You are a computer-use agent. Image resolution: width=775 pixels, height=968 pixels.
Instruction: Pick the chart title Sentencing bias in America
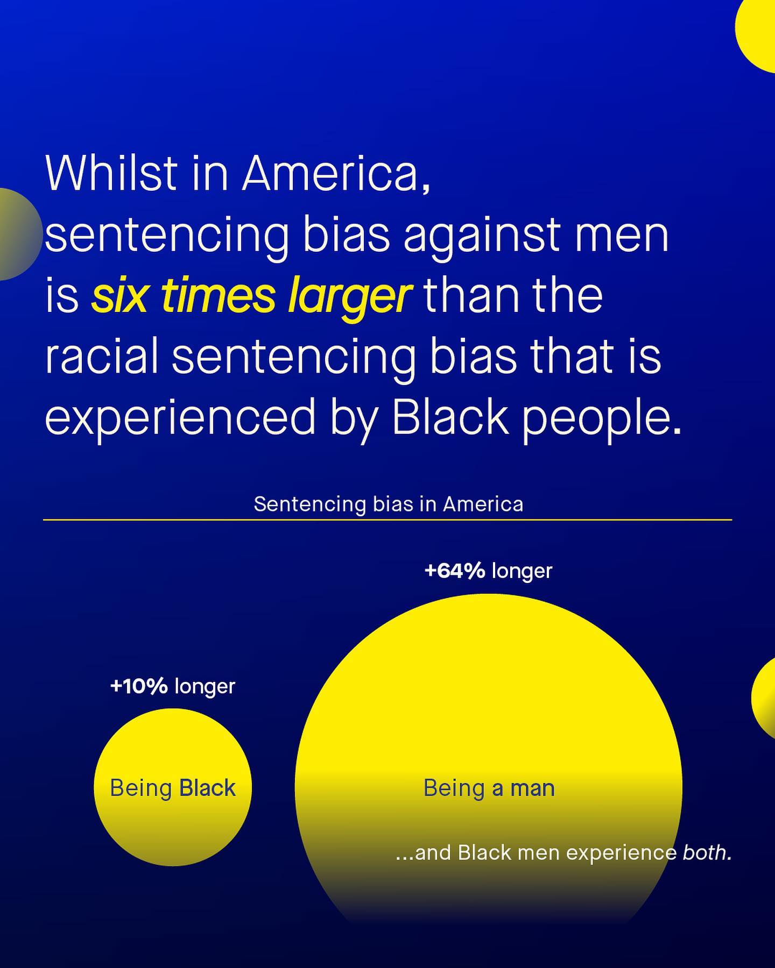pos(389,504)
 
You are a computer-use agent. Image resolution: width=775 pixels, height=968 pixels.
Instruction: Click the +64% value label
pos(455,571)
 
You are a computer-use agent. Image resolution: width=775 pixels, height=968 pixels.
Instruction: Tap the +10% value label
pos(139,686)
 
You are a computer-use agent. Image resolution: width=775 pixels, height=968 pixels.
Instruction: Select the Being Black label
pos(173,788)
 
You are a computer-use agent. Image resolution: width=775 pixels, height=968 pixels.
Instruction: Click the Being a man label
pos(489,788)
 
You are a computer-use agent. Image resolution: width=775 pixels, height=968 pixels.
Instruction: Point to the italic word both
pos(707,852)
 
